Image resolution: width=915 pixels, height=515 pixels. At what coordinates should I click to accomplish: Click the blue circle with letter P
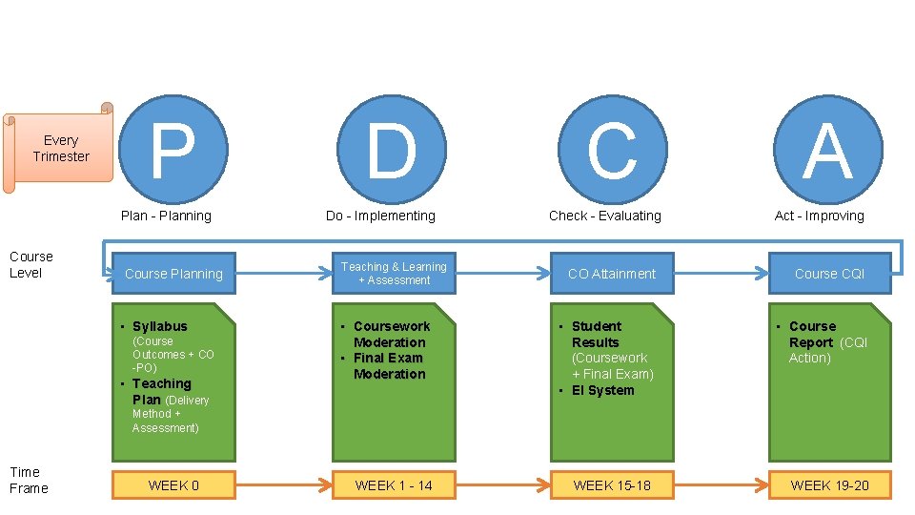(173, 150)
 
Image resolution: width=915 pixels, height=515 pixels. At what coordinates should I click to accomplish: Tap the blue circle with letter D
(391, 150)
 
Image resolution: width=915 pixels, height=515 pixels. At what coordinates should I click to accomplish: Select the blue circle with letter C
(611, 150)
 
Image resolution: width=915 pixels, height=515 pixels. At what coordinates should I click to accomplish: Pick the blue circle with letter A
(827, 150)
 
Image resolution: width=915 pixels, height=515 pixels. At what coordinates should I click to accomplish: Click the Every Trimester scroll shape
(59, 149)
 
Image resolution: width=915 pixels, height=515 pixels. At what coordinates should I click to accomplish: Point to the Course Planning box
(173, 274)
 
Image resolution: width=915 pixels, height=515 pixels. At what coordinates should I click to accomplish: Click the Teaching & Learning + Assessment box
(394, 274)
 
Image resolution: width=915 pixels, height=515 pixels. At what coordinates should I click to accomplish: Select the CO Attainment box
(612, 274)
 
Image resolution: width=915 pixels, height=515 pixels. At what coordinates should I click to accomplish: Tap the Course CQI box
(829, 274)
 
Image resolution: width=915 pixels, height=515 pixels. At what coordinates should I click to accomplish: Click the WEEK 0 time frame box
(173, 485)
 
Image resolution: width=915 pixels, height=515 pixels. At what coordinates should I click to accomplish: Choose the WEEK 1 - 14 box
(394, 485)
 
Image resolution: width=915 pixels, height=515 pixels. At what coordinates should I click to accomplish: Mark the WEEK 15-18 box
(612, 485)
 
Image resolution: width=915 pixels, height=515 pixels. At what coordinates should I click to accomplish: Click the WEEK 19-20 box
(829, 485)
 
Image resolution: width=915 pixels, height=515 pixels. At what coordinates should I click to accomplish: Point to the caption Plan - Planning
(166, 216)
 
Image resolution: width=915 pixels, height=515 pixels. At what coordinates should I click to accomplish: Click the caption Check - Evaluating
(604, 216)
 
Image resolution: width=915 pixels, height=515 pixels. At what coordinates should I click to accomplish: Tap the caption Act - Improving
(819, 216)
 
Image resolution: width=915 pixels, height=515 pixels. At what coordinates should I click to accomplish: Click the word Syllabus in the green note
(160, 326)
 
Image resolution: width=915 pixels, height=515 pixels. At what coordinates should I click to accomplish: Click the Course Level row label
(31, 264)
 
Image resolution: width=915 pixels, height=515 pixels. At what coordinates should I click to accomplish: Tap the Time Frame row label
(29, 480)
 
